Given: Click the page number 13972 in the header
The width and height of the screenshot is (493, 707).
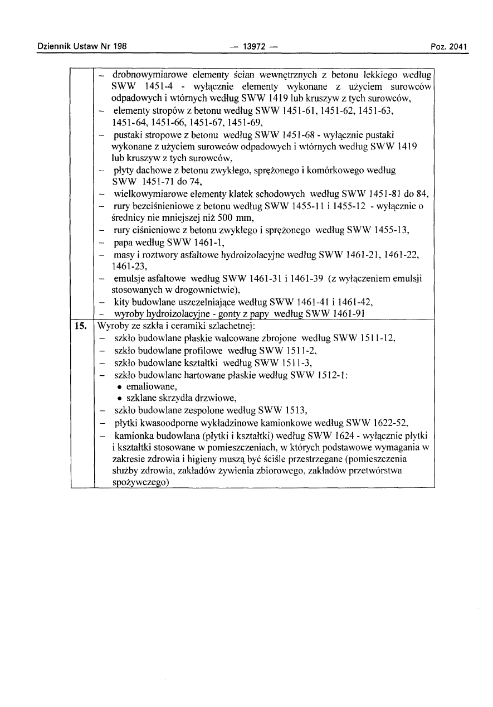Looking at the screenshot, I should click(x=253, y=46).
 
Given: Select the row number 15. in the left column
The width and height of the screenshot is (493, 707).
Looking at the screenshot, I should click(x=81, y=326).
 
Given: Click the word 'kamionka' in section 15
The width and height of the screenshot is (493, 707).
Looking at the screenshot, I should click(x=134, y=435).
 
